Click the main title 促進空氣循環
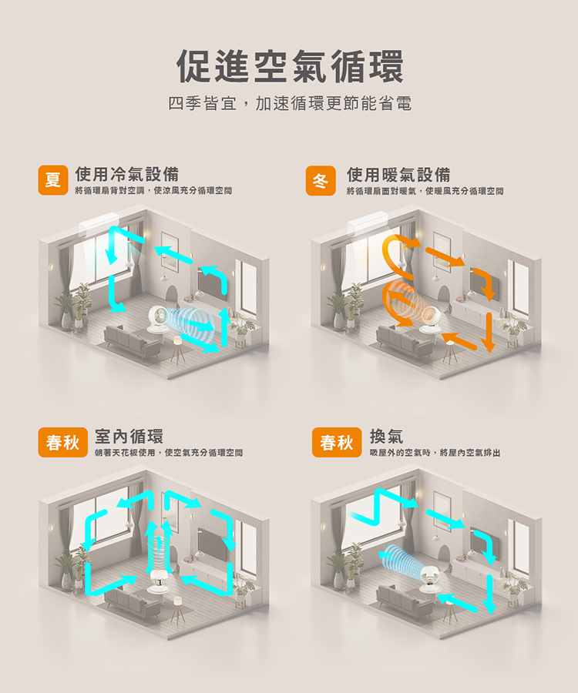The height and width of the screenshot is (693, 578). [x=290, y=66]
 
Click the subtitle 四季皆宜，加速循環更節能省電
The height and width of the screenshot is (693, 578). [x=290, y=103]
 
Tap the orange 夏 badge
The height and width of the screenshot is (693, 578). [x=53, y=180]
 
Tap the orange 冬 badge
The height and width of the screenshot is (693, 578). [x=321, y=180]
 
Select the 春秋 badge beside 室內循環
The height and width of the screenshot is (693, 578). [x=62, y=443]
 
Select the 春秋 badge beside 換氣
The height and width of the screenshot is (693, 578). [x=337, y=443]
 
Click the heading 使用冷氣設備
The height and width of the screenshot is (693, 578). [x=127, y=174]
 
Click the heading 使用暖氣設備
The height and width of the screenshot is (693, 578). [x=398, y=175]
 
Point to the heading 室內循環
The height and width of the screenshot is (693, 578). [x=129, y=437]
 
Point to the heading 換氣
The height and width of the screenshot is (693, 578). [x=387, y=437]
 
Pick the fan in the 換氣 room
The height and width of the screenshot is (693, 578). [x=429, y=579]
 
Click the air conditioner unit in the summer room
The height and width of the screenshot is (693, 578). [x=99, y=223]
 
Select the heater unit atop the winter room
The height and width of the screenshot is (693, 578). [x=367, y=223]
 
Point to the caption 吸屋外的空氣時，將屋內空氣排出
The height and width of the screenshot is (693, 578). [x=435, y=453]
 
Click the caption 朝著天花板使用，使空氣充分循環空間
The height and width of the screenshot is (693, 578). [x=169, y=453]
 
